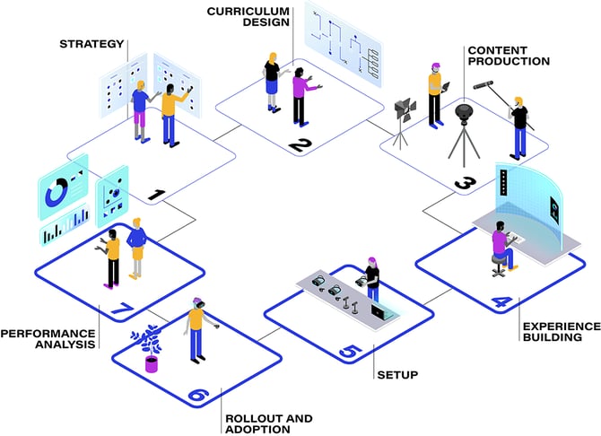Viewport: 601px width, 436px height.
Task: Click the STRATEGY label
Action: (91, 44)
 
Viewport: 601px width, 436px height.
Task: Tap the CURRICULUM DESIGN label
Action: (248, 16)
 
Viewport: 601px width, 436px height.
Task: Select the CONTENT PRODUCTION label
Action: (509, 56)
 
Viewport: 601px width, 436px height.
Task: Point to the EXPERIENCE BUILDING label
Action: (562, 332)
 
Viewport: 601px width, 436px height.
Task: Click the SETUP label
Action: (397, 375)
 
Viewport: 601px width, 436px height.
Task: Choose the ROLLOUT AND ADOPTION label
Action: (269, 423)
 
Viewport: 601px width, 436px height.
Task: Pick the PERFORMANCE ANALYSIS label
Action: (48, 338)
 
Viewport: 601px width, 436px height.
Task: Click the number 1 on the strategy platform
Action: (157, 195)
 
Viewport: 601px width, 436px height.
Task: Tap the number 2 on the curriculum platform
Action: (300, 145)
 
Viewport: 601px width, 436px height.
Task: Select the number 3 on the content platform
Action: (466, 183)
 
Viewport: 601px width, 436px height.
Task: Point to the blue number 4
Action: (501, 302)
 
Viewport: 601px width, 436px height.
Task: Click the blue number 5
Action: (350, 352)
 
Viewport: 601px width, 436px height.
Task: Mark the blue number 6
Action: (198, 395)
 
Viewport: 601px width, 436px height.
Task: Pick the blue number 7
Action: (122, 309)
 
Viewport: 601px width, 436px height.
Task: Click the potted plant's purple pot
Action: (152, 364)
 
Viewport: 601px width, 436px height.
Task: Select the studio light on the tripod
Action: (405, 109)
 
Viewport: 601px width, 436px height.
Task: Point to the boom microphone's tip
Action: (475, 87)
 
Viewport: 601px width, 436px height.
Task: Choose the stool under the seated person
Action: (499, 266)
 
